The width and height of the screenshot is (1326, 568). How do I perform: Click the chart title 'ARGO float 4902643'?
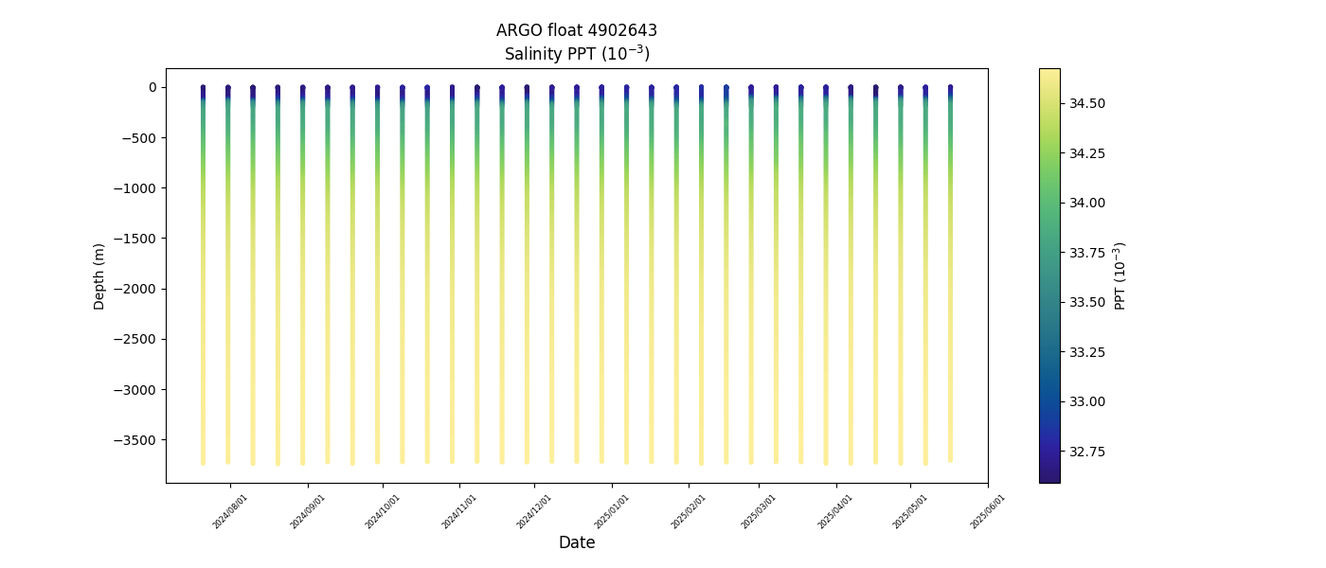(x=576, y=30)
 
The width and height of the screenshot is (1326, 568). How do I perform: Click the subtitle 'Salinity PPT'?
(x=576, y=54)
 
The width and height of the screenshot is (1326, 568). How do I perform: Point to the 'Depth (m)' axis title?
(x=99, y=275)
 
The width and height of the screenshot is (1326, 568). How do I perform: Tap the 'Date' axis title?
(x=576, y=542)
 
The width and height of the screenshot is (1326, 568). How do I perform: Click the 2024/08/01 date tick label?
(x=230, y=511)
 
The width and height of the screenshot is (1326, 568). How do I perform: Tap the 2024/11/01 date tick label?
(x=458, y=511)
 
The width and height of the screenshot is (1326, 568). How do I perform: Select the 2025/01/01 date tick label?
(x=612, y=511)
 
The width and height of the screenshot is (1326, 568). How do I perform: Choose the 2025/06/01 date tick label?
(x=987, y=511)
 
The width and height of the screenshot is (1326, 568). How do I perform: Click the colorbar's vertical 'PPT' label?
(x=1120, y=275)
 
